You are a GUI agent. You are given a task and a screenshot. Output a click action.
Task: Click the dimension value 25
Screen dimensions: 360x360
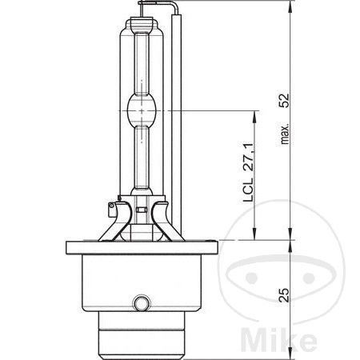(283, 294)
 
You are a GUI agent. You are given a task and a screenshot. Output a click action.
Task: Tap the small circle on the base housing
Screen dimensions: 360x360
(142, 303)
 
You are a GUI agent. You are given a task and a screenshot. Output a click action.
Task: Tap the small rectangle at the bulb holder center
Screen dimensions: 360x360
(141, 210)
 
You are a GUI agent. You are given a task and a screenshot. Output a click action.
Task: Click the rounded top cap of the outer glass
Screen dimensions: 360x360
(141, 24)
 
